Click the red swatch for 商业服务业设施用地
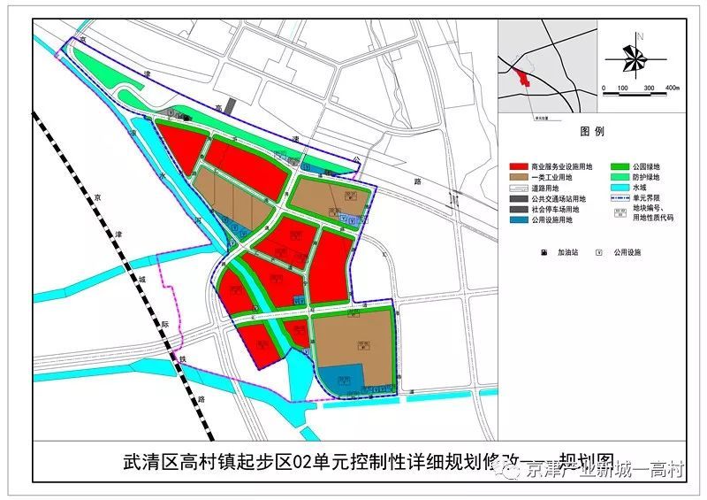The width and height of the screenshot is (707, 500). [x=519, y=166]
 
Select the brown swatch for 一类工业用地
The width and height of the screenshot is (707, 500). [x=519, y=177]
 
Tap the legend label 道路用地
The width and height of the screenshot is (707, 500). [x=549, y=188]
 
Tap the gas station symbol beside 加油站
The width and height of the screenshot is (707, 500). [x=544, y=252]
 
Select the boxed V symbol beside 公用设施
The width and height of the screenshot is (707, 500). [x=599, y=252]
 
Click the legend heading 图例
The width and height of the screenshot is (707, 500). [x=591, y=132]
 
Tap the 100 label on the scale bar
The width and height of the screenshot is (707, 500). [x=622, y=88]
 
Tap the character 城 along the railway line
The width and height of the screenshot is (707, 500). [x=140, y=279]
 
